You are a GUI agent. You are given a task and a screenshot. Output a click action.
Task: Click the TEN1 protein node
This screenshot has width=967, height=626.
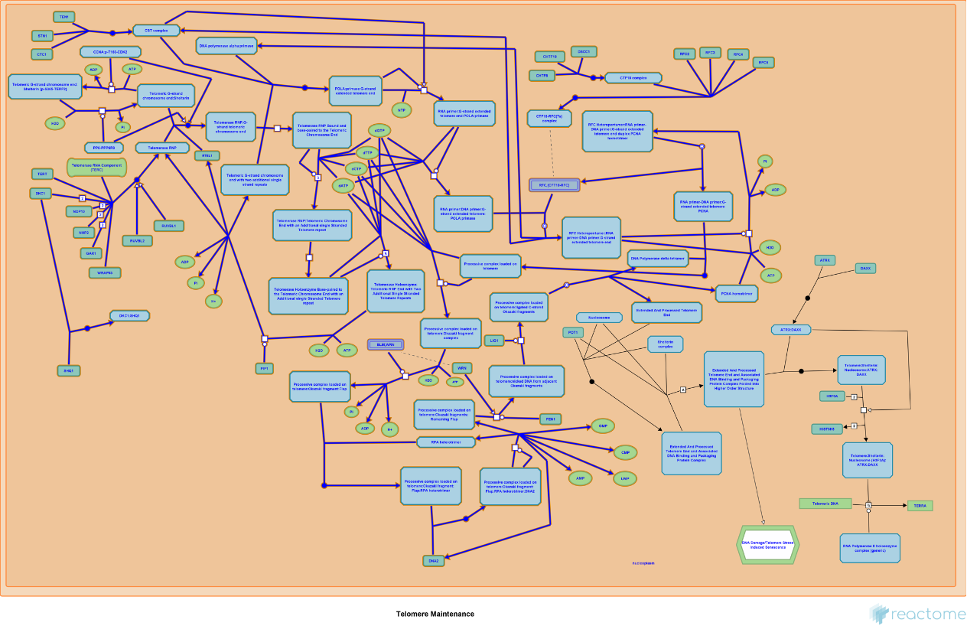click(x=63, y=17)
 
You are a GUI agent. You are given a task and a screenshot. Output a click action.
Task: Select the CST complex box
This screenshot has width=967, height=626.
click(x=156, y=31)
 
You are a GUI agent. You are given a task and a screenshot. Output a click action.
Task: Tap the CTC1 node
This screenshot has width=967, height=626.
click(x=42, y=54)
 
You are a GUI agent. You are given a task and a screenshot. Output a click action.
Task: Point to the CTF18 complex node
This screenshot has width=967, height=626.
click(x=633, y=78)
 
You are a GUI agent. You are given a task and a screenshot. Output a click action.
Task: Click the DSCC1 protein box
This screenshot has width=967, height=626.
click(x=584, y=51)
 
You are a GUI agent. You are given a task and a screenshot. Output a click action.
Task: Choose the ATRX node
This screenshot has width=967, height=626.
click(x=825, y=260)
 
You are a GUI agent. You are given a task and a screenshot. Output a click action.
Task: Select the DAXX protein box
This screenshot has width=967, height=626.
click(x=866, y=269)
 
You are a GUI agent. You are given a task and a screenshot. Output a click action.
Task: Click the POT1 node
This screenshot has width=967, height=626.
click(x=573, y=332)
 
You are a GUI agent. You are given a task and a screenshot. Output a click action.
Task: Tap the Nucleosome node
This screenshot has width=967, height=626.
click(x=599, y=318)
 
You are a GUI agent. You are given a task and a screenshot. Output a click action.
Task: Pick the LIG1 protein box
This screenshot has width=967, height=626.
click(x=494, y=340)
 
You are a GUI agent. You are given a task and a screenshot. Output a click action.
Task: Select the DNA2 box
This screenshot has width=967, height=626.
click(x=433, y=561)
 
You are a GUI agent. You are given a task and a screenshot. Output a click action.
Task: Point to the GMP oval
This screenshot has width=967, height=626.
click(x=602, y=425)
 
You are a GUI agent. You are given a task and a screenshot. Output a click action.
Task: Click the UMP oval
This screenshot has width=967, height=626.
click(x=625, y=478)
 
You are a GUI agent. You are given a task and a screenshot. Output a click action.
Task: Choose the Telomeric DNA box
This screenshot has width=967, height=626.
click(x=825, y=504)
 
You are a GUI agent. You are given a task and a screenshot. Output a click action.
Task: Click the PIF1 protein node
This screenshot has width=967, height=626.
click(x=264, y=368)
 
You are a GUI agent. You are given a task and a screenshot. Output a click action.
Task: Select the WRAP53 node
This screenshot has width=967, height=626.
click(x=105, y=272)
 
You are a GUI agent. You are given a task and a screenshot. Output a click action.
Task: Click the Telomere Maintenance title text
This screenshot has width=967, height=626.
click(x=435, y=614)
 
